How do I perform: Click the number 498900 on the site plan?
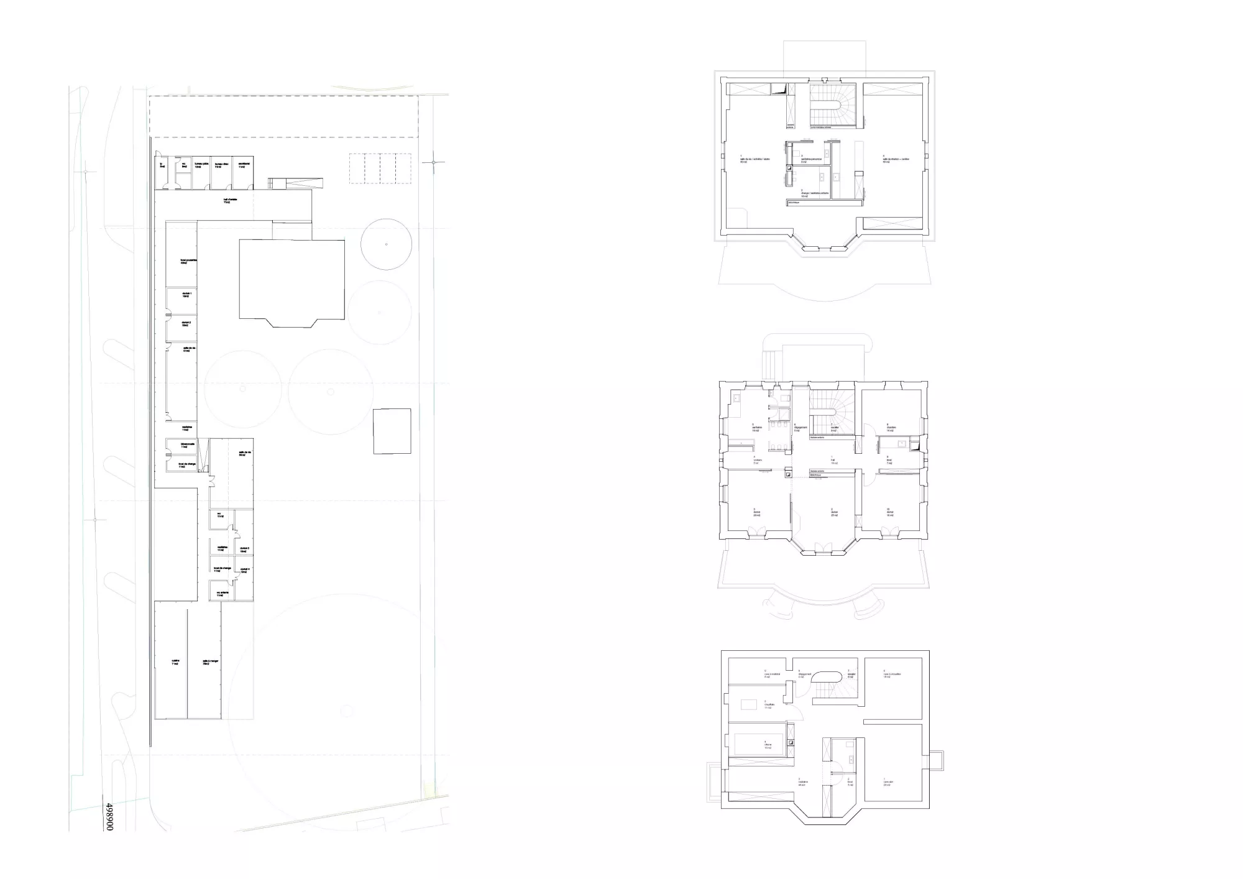tap(109, 816)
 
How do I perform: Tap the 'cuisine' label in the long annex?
tap(175, 662)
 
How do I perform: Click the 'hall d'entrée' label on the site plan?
tap(231, 200)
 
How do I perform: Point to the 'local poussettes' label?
tap(188, 261)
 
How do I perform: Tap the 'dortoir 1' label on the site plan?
tap(186, 294)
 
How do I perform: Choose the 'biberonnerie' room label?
tap(188, 445)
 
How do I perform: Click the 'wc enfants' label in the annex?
tap(222, 594)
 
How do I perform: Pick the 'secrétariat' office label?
tap(242, 165)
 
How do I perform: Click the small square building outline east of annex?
tap(392, 431)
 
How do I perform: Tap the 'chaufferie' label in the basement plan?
tap(768, 706)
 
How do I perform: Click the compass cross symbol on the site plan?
tap(433, 162)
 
